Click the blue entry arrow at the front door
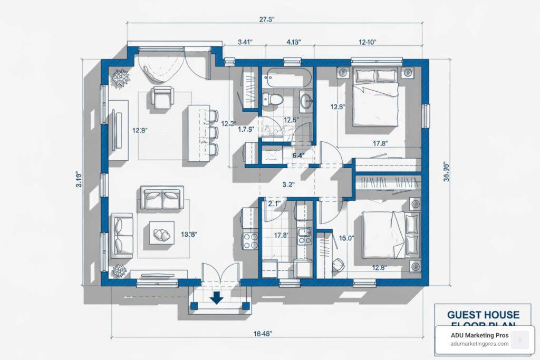click(x=216, y=299)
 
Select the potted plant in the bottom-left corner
click(x=120, y=270)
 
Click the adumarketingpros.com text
click(x=480, y=344)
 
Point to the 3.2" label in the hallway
click(x=288, y=184)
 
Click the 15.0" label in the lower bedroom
click(x=346, y=238)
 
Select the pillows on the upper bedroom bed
click(x=375, y=75)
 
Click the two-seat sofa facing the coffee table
click(x=162, y=199)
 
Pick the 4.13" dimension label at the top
click(x=293, y=43)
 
